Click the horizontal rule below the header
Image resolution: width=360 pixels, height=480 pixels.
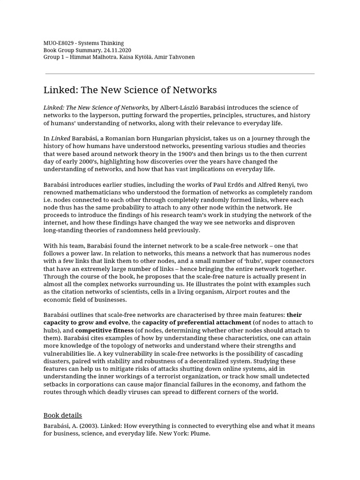[x=180, y=74]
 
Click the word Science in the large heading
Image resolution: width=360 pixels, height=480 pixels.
[x=131, y=90]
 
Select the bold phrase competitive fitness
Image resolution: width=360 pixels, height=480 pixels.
[x=104, y=330]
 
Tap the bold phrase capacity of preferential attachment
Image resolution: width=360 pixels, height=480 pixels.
[x=196, y=322]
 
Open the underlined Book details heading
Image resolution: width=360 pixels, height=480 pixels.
[x=63, y=415]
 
